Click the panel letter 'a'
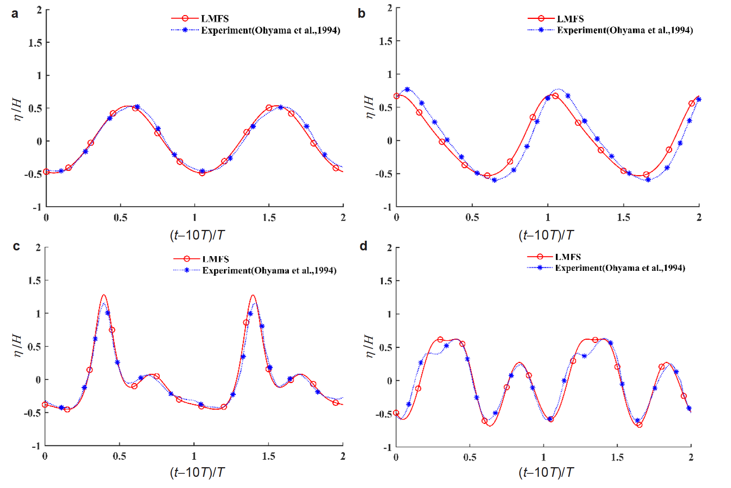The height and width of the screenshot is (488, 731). (15, 14)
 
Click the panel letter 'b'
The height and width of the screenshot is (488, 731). (361, 14)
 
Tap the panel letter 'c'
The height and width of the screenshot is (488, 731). (16, 246)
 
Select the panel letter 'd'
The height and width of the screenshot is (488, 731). (363, 246)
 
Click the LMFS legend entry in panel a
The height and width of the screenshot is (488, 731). (214, 19)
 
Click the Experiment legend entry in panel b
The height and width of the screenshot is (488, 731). (625, 30)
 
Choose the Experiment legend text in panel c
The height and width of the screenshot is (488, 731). (269, 270)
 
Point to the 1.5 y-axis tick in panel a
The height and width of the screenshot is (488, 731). (35, 42)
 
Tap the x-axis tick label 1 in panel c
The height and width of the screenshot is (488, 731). (194, 456)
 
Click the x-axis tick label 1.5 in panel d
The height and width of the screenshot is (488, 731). (617, 457)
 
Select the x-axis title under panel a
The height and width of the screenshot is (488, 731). (197, 235)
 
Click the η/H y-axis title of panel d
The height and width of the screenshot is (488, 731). (369, 346)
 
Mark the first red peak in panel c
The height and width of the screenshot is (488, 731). (103, 296)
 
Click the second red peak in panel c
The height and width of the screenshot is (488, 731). (253, 296)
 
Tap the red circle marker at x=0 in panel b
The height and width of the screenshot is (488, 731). (397, 96)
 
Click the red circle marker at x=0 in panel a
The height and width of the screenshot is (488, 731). (46, 172)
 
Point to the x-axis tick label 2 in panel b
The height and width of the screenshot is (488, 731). (699, 218)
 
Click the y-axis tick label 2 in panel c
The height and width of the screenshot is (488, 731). (38, 248)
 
